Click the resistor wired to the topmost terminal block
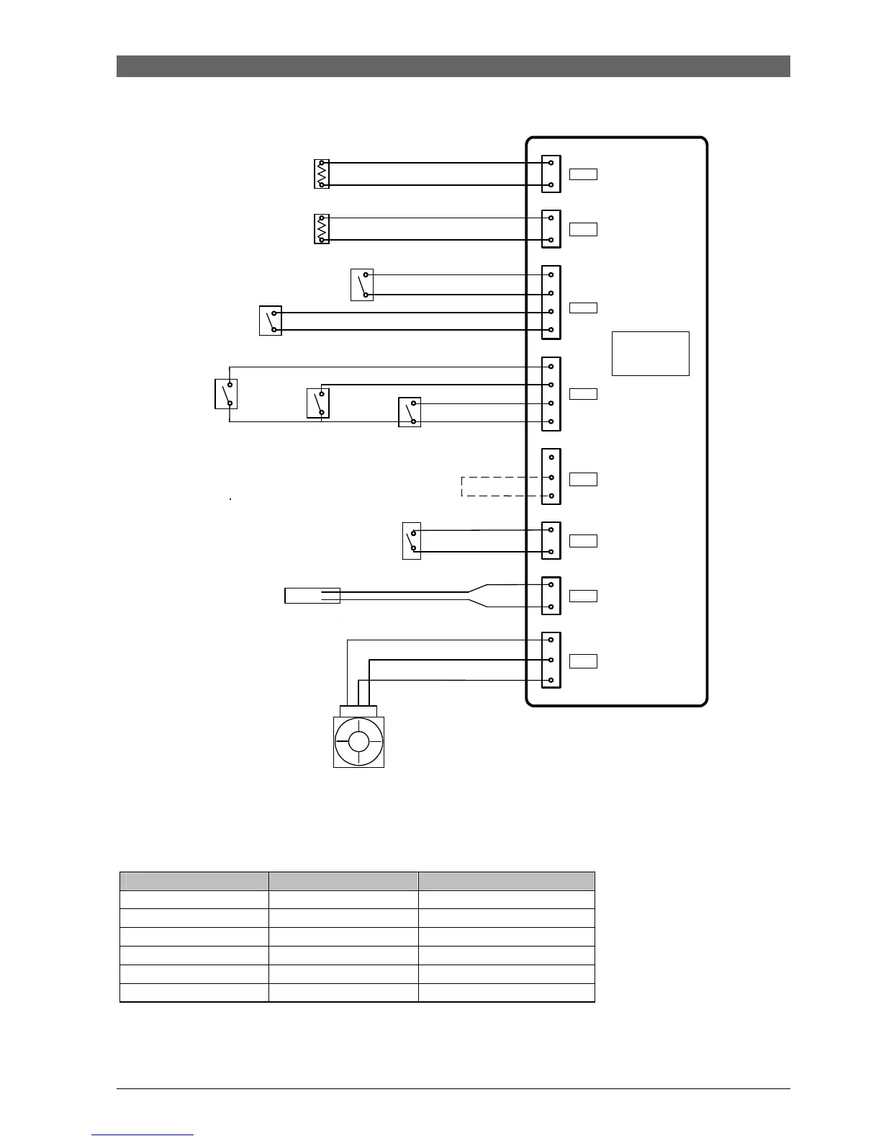tap(322, 174)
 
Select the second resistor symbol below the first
tap(322, 229)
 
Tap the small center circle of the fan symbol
tap(358, 741)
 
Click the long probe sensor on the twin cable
tap(312, 596)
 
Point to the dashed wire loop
tap(500, 486)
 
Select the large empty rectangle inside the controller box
tap(650, 354)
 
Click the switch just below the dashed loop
tap(412, 541)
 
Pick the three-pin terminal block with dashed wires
tap(551, 477)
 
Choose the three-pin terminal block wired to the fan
tap(551, 660)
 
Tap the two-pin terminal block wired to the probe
tap(551, 596)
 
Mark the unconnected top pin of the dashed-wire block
tap(551, 458)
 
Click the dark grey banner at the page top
tap(453, 66)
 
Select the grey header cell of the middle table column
tap(343, 881)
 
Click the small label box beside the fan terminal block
tap(583, 661)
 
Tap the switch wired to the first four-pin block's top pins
tap(362, 285)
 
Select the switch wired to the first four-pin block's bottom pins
tap(271, 321)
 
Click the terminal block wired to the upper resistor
tap(551, 174)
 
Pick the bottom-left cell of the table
tap(194, 993)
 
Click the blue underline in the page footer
tap(143, 1135)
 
